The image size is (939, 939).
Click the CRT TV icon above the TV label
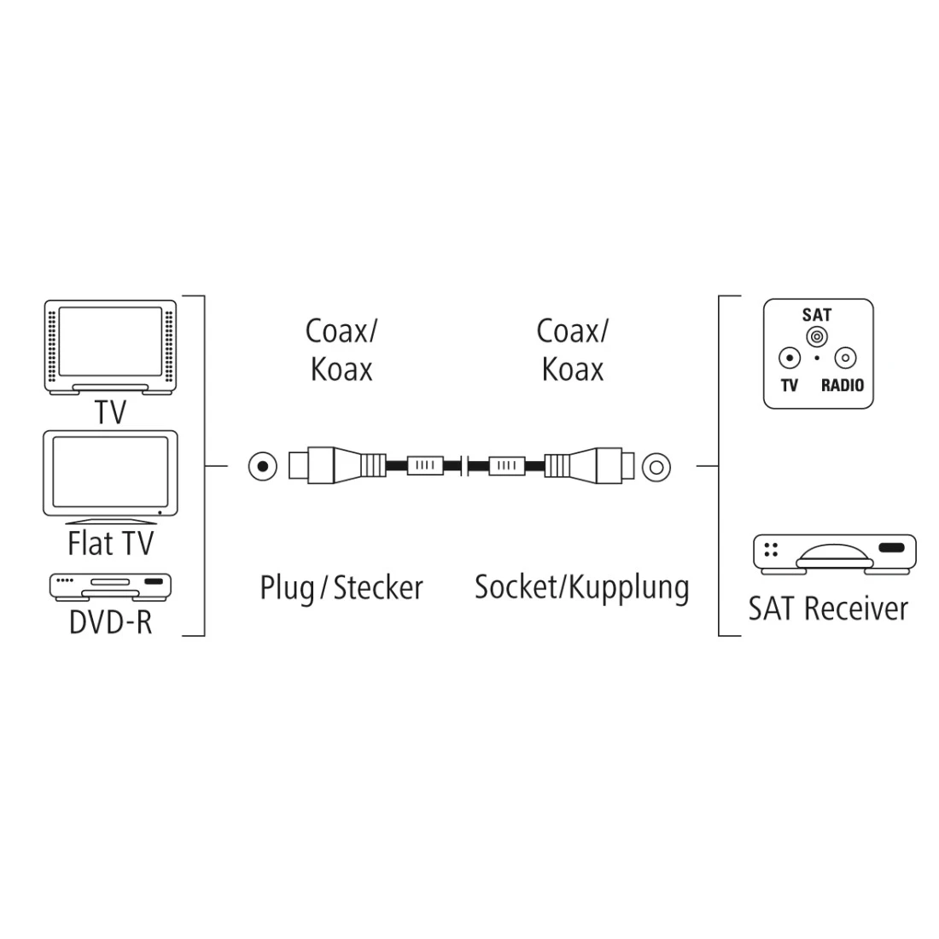tap(111, 346)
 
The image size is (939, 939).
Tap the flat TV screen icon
tap(111, 476)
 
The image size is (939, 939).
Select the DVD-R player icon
tap(111, 586)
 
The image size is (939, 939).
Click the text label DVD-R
tap(111, 621)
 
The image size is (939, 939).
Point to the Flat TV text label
tap(111, 543)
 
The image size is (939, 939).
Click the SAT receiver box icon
tap(834, 552)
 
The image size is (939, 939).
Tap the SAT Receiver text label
tap(828, 609)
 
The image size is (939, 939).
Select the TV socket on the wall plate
tap(790, 359)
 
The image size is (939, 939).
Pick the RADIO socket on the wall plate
tap(843, 359)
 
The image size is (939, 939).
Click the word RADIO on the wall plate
tap(842, 385)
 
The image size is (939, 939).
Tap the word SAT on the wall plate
tap(817, 315)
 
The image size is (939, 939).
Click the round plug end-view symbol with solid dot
tap(263, 466)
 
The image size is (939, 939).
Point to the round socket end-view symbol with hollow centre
tap(656, 466)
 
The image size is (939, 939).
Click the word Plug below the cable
tap(287, 588)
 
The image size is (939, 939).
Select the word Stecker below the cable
tap(378, 587)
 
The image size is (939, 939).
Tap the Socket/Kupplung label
tap(581, 587)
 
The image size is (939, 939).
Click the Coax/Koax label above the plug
tap(341, 350)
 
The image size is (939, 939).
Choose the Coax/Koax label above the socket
tap(572, 350)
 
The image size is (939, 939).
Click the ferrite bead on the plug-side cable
tap(425, 466)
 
